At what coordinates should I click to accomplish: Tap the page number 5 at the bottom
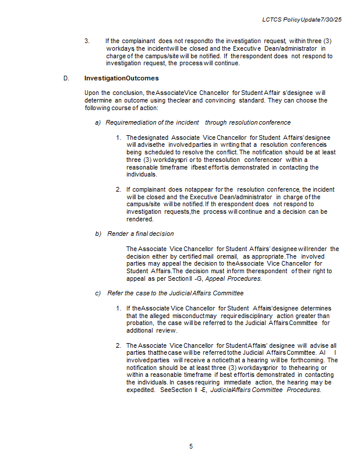[x=190, y=446]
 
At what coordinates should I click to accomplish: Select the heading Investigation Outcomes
[x=121, y=78]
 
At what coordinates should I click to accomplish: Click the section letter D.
[x=66, y=78]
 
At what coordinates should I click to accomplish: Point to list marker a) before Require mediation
[x=98, y=122]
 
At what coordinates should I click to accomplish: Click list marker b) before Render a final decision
[x=98, y=234]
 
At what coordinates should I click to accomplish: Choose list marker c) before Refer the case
[x=98, y=293]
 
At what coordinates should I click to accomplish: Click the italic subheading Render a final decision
[x=140, y=234]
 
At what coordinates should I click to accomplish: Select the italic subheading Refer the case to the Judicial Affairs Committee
[x=175, y=293]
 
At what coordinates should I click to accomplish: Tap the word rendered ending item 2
[x=140, y=219]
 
